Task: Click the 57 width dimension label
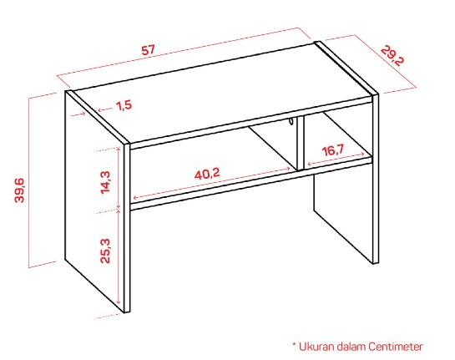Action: click(148, 50)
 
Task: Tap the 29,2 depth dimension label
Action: click(392, 56)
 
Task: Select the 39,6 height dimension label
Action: click(20, 190)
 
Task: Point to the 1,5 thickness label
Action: click(124, 105)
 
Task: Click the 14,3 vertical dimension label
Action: click(105, 182)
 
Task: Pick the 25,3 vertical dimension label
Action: click(105, 251)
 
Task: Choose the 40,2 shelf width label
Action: click(207, 175)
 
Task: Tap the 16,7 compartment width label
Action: click(332, 150)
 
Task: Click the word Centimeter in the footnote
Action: click(396, 347)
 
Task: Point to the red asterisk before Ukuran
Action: click(294, 344)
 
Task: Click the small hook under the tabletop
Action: click(291, 121)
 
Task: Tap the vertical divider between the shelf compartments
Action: click(300, 143)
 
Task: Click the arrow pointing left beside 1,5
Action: click(105, 109)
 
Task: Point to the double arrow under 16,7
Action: click(336, 159)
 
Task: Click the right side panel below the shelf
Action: click(343, 215)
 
